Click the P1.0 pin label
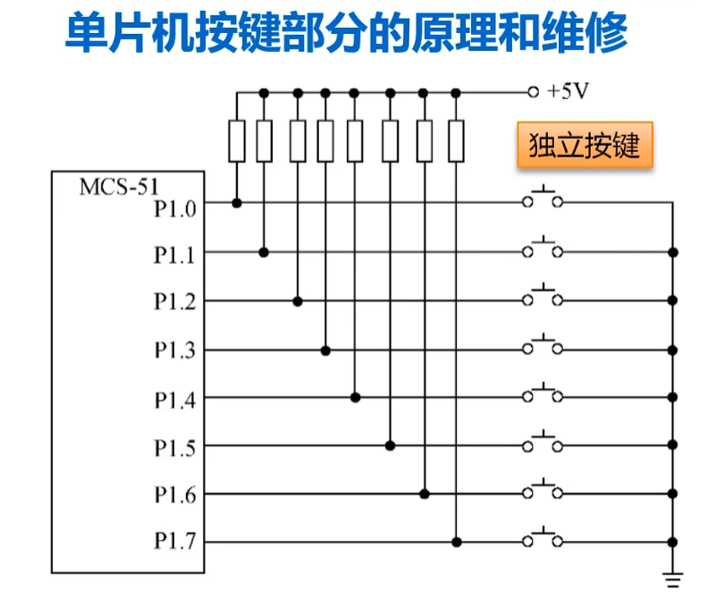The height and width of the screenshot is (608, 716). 175,209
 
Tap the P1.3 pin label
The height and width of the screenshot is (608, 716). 175,350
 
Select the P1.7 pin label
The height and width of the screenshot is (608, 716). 175,541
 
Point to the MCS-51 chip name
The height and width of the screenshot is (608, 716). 119,187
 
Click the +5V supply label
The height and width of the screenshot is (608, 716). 568,91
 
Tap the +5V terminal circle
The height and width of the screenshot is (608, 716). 533,92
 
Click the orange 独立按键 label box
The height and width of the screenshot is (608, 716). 585,145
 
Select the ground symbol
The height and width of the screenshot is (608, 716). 673,579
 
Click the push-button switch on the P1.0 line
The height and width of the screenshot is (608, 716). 543,198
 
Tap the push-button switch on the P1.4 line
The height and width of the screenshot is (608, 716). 543,393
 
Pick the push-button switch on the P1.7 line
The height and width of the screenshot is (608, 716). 543,537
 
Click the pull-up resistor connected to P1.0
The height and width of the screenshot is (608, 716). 237,141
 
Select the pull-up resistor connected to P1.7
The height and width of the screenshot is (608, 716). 456,141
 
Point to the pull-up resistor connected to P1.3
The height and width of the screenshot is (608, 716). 325,141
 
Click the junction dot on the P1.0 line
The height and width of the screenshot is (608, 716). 237,203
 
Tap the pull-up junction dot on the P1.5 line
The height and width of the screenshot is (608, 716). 390,445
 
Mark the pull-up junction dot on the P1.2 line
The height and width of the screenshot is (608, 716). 298,301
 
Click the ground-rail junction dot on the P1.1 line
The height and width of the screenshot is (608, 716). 672,252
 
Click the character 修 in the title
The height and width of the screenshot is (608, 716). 606,33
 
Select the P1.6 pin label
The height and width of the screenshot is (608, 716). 175,494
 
